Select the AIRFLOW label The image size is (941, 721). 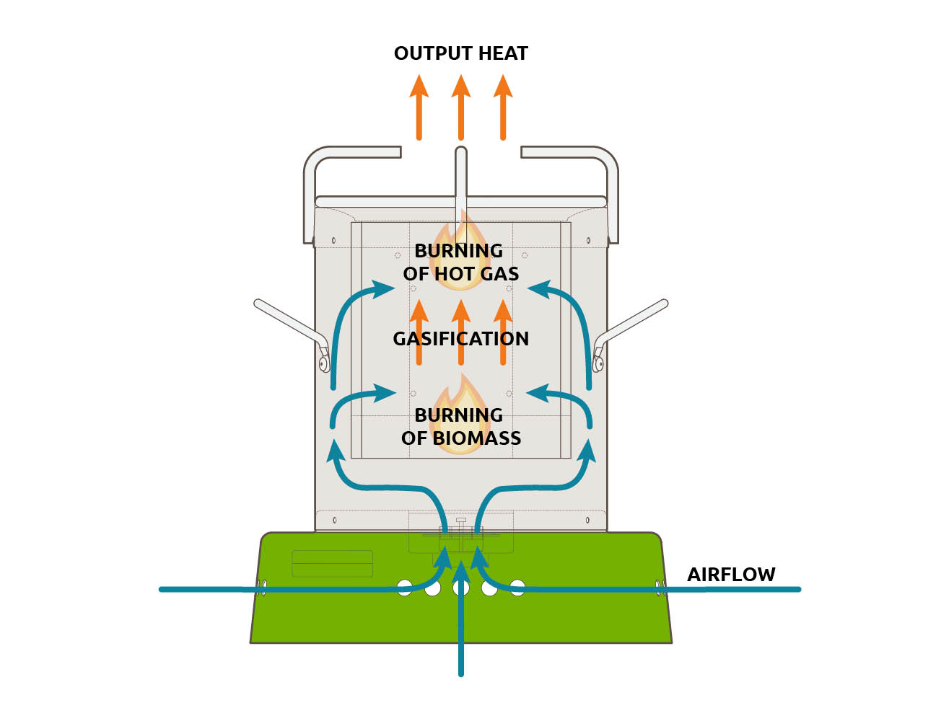click(x=731, y=575)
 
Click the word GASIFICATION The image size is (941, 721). click(x=460, y=339)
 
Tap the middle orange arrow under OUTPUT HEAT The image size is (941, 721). click(x=461, y=108)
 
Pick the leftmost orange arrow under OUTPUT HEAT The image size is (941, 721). click(x=419, y=108)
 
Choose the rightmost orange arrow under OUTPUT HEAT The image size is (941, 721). click(x=503, y=108)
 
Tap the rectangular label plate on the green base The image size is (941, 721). click(x=332, y=563)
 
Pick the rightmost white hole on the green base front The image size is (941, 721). click(x=517, y=587)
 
